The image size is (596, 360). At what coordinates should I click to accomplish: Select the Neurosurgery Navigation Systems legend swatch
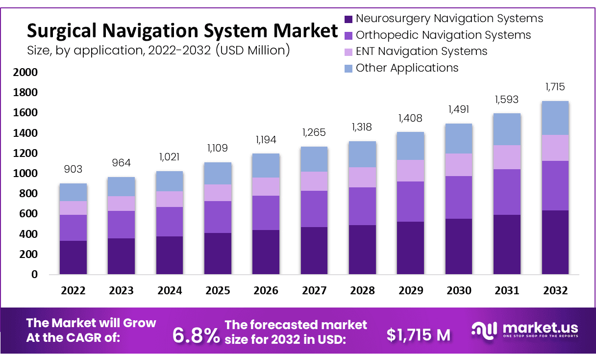coord(348,19)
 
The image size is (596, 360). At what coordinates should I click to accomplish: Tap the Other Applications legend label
coord(407,68)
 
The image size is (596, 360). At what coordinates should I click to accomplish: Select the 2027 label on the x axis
coord(314,290)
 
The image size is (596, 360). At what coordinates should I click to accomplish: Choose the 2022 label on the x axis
coord(73,290)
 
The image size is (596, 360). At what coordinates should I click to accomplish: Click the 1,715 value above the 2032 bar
coord(555,87)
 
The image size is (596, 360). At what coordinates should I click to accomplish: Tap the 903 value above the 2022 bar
coord(73,169)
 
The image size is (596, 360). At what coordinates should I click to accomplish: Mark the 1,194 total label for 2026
coord(266,140)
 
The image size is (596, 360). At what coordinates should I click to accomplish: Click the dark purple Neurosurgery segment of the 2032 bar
coord(555,242)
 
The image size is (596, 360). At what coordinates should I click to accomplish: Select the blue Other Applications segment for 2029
coord(410,146)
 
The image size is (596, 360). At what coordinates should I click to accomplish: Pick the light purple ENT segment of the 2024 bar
coord(170,199)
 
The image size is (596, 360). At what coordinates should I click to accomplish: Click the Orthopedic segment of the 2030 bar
coord(458,197)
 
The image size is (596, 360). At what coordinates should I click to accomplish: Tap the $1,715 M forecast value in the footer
coord(418,334)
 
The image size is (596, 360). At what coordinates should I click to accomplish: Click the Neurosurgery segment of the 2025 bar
coord(218,254)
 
